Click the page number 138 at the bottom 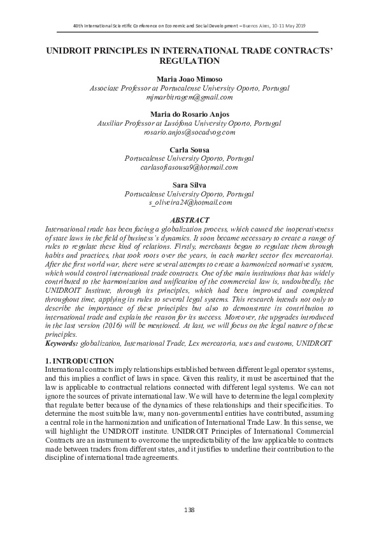pos(189,510)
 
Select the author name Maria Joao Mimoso pos(189,78)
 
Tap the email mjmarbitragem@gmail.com pos(189,97)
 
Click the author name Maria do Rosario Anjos pos(189,114)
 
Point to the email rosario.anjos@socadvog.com pos(189,132)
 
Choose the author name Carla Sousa pos(189,149)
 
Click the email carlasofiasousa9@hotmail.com pos(189,167)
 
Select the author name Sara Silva pos(189,184)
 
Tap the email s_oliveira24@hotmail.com pos(190,202)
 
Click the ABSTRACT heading pos(189,219)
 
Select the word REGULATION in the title pos(189,61)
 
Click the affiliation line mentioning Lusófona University pos(189,123)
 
